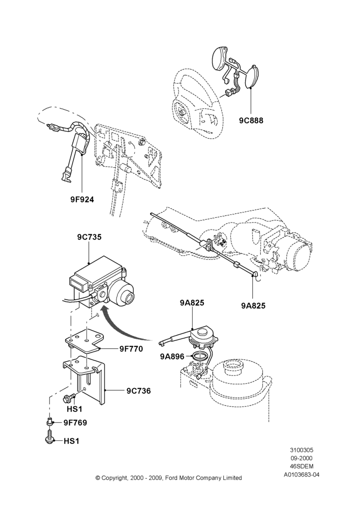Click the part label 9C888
251,120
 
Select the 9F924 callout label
82,200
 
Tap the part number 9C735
89,237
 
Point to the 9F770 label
131,349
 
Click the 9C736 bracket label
139,391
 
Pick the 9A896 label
172,357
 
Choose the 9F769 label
75,423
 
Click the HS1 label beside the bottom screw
71,441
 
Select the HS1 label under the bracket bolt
74,409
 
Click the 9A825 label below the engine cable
253,305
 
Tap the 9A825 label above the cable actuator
192,303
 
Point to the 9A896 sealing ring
200,357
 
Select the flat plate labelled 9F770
84,343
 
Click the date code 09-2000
302,458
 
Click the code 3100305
302,450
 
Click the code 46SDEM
302,466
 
